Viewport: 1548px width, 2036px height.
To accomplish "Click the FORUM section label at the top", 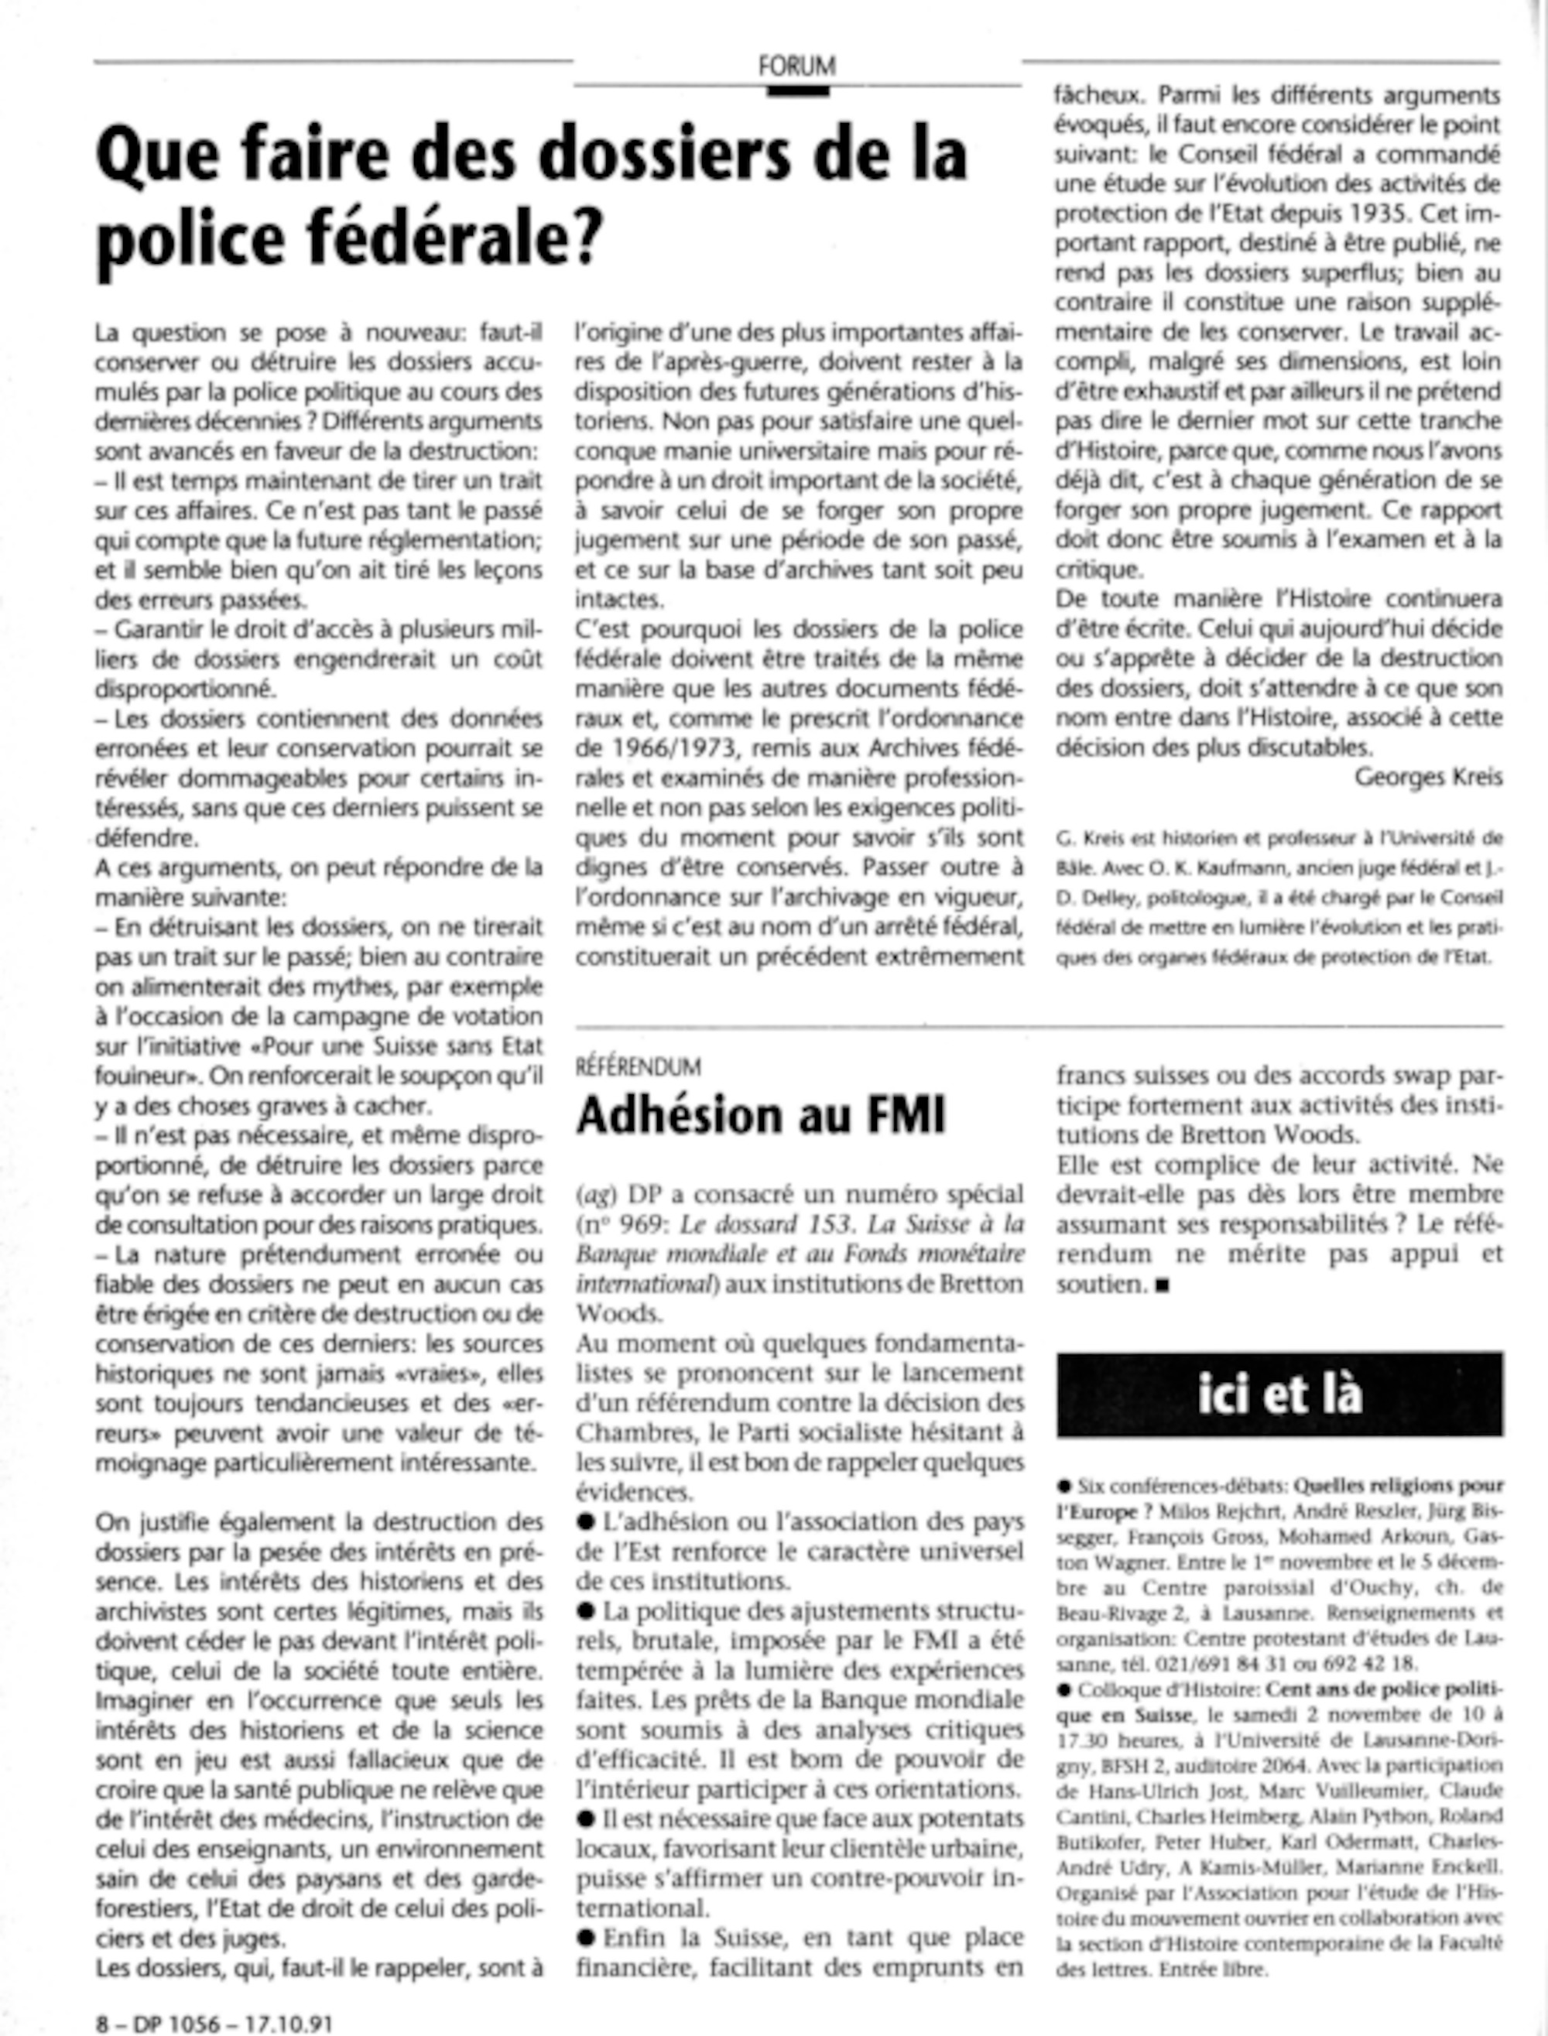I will point(797,67).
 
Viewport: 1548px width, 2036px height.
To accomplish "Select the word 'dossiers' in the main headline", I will point(663,155).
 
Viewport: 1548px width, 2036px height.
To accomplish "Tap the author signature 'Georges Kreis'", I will point(1428,777).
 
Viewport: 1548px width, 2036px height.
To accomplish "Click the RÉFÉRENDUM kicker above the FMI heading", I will point(638,1067).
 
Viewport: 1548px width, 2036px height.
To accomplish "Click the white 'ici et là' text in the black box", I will point(1280,1394).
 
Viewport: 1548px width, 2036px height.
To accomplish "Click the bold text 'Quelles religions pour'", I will point(1399,1486).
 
